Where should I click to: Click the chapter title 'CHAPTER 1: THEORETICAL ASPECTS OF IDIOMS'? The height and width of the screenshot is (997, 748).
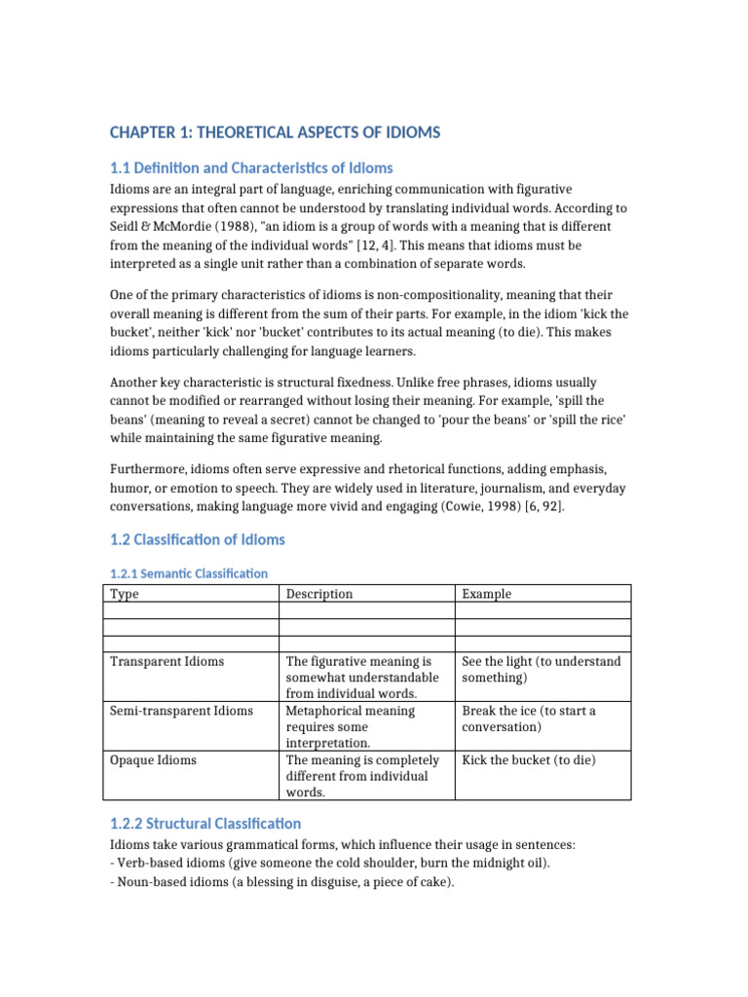pyautogui.click(x=275, y=132)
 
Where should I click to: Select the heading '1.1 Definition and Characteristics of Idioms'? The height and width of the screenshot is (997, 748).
pyautogui.click(x=251, y=167)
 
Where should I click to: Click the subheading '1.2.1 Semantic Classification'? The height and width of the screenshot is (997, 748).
pyautogui.click(x=188, y=573)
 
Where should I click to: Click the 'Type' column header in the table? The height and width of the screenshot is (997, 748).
pyautogui.click(x=125, y=594)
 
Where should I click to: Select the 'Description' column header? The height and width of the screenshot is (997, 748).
pyautogui.click(x=319, y=594)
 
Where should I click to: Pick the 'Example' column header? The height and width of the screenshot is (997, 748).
pyautogui.click(x=486, y=594)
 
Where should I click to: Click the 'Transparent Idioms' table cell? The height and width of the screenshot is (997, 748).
pyautogui.click(x=167, y=662)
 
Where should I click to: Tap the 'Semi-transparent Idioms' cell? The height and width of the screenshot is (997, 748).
pyautogui.click(x=181, y=711)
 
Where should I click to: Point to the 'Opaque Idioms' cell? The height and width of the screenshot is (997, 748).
pyautogui.click(x=153, y=760)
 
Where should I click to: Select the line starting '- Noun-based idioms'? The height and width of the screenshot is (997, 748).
pyautogui.click(x=281, y=882)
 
